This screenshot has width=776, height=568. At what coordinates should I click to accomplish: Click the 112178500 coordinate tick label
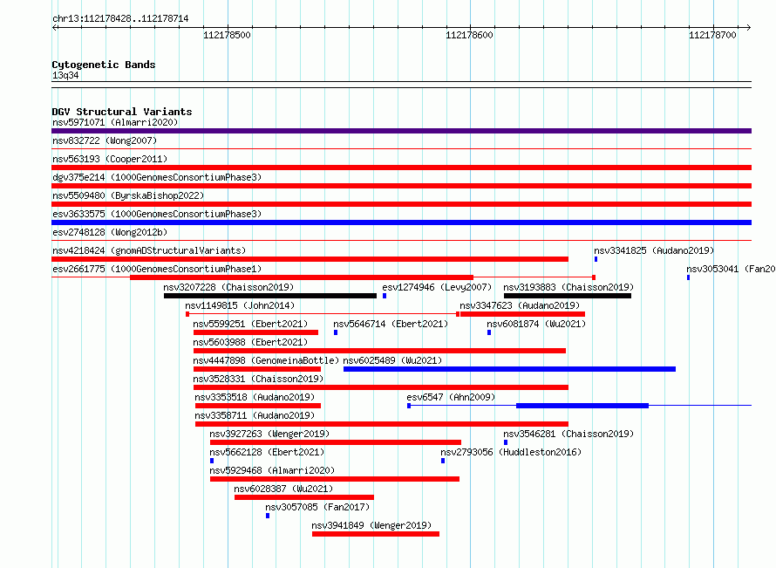pos(228,35)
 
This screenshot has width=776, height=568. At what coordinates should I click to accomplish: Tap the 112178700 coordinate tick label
pos(712,35)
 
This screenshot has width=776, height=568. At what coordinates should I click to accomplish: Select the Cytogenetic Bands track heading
pos(104,65)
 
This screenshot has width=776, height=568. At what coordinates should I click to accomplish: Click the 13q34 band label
pos(65,75)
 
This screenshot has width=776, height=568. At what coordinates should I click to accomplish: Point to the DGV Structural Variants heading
pos(122,112)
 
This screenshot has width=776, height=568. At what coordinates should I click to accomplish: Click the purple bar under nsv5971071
pos(401,131)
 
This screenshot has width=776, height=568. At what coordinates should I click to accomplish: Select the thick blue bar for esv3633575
pos(401,222)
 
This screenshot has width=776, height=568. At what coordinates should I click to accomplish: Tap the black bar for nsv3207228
pos(270,296)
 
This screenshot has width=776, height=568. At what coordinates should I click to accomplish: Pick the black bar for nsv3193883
pos(568,296)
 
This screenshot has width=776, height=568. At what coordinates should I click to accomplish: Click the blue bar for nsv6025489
pos(510,369)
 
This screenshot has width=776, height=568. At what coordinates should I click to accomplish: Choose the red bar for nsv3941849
pos(376,534)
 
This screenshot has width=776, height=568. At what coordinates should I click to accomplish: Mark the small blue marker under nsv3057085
pos(268,516)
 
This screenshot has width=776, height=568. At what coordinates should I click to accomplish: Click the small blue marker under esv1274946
pos(385,296)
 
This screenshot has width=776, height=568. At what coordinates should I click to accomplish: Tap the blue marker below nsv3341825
pos(596,259)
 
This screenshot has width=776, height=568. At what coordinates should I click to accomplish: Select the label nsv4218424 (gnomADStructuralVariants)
pos(149,250)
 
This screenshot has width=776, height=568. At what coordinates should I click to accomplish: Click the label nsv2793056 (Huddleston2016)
pos(511,452)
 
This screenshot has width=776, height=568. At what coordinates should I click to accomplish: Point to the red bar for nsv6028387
pos(304,497)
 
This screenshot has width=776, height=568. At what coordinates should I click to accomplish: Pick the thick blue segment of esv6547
pos(582,406)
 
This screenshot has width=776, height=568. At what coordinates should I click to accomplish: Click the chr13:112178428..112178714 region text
pos(120,19)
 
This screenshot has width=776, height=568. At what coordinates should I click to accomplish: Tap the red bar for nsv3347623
pos(522,314)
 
